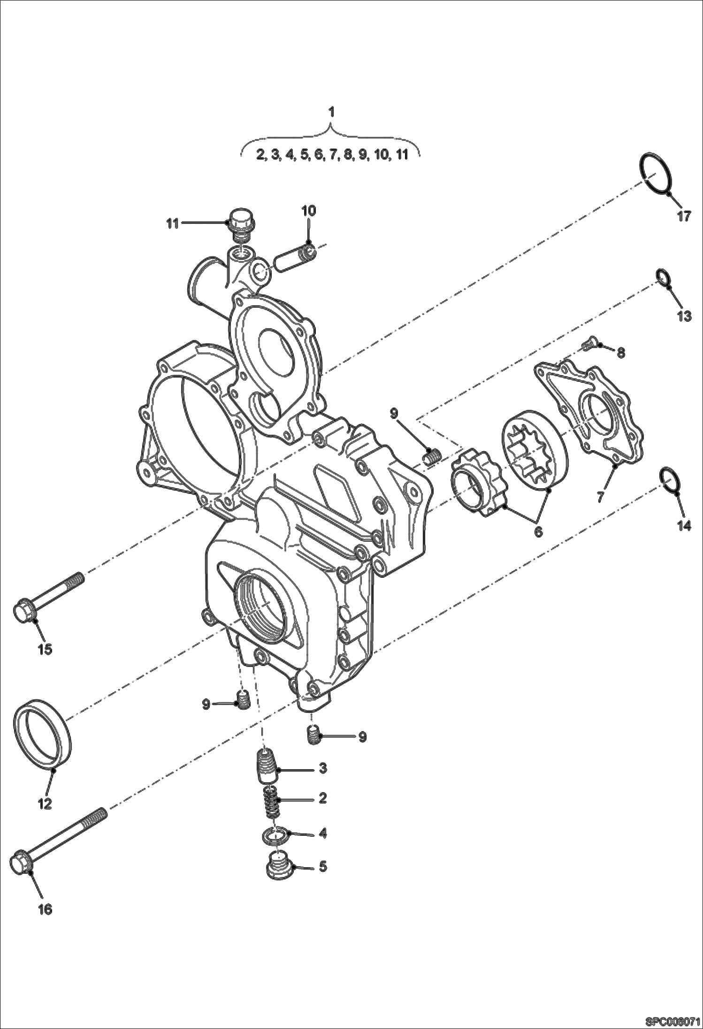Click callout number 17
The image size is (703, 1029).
click(684, 216)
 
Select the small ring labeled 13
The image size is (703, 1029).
click(661, 276)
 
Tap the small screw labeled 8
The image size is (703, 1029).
click(588, 345)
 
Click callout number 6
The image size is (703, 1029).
click(538, 531)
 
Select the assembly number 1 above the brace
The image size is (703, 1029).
click(331, 112)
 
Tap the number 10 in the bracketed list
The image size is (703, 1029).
click(381, 154)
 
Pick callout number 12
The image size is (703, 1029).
click(45, 804)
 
